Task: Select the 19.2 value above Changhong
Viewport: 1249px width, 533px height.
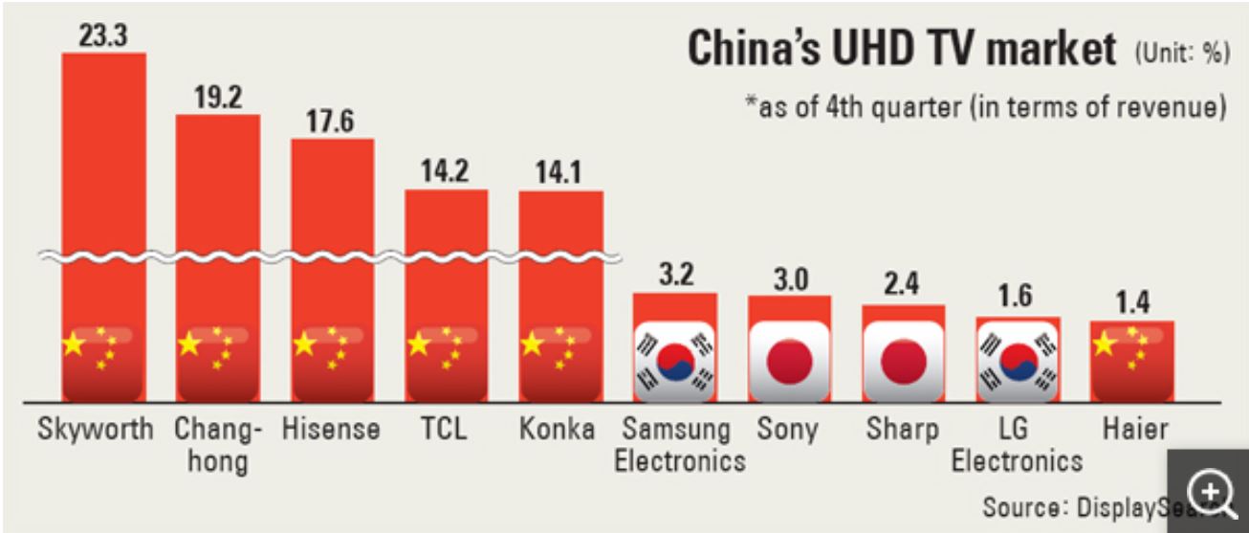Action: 217,99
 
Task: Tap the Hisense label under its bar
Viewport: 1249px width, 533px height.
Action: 331,429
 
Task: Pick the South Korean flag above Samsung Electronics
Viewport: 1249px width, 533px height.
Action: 675,360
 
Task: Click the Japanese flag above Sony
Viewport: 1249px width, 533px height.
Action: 789,360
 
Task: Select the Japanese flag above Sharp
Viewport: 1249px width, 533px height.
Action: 904,360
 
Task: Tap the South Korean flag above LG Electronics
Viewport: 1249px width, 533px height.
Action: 1018,360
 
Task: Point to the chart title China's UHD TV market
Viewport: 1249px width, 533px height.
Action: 902,49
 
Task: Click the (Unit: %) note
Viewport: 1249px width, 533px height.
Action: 1181,54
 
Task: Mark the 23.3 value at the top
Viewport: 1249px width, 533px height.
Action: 103,35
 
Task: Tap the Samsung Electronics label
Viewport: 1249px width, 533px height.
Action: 679,444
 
